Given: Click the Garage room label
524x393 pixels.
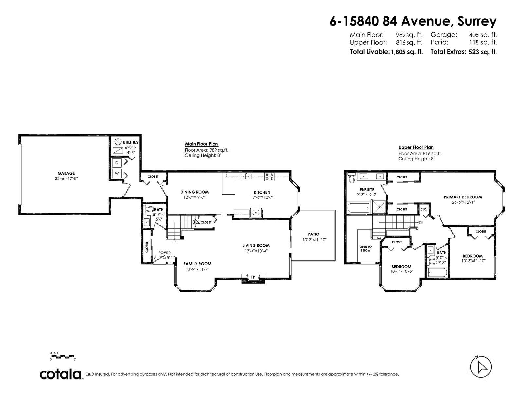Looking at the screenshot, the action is click(66, 173).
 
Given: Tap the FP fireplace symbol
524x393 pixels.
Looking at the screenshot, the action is click(253, 277).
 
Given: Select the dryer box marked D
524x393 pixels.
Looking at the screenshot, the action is click(117, 163).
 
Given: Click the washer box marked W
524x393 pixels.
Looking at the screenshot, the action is click(117, 174).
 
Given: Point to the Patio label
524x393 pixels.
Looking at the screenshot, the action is click(313, 234).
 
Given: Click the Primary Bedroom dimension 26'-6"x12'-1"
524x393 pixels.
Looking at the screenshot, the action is click(463, 202).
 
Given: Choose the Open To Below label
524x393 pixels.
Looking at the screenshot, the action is click(365, 248).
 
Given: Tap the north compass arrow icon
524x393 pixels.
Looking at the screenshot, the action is click(481, 367).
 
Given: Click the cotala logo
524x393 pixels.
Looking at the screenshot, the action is click(61, 374).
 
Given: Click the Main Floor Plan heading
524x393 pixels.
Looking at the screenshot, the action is click(201, 144).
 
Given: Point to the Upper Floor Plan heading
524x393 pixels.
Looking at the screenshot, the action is click(416, 147).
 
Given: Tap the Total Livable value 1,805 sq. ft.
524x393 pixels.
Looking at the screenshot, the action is click(406, 52).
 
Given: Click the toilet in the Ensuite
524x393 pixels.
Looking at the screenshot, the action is click(351, 178).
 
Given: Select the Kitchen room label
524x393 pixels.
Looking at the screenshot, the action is click(262, 192).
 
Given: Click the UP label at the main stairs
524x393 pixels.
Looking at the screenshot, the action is click(174, 242).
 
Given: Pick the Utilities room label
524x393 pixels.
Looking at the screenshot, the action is click(130, 142).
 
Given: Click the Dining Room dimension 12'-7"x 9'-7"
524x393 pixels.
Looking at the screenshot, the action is click(195, 197).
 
